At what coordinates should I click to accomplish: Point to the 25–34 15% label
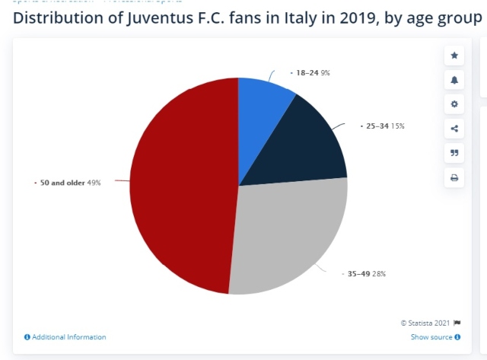[x=380, y=126]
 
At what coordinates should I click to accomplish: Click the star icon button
[x=454, y=56]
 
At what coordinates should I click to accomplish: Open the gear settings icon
[x=454, y=104]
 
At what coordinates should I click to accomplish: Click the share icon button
[x=454, y=129]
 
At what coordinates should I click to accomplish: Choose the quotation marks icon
[x=454, y=153]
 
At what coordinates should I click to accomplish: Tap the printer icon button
[x=454, y=178]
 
